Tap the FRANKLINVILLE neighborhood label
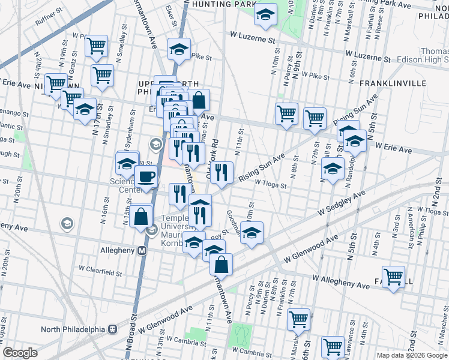(388, 83)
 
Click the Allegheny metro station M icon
(143, 251)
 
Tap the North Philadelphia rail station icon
(112, 329)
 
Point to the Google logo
(20, 353)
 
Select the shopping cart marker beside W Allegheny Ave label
(393, 277)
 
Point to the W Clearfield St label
(100, 272)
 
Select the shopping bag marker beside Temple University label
(140, 216)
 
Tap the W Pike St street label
(316, 76)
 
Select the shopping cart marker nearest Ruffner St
(96, 46)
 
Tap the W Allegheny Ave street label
(341, 280)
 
